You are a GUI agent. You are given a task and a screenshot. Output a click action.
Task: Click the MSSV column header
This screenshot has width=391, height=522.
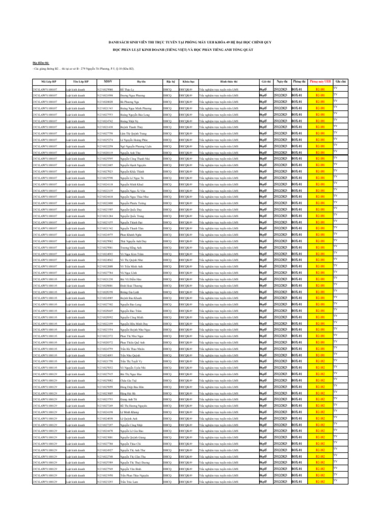click(x=107, y=81)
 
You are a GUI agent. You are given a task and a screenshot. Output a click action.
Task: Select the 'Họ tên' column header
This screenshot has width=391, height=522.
click(x=140, y=81)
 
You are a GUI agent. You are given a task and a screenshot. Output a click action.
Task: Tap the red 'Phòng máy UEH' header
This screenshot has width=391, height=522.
click(x=320, y=81)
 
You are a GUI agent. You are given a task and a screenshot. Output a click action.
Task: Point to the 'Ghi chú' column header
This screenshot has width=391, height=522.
click(x=343, y=81)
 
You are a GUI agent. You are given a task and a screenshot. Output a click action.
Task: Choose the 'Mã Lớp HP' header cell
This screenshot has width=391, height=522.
click(x=48, y=81)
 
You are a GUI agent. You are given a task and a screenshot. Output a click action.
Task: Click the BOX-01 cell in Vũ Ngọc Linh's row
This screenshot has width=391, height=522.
click(x=299, y=272)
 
